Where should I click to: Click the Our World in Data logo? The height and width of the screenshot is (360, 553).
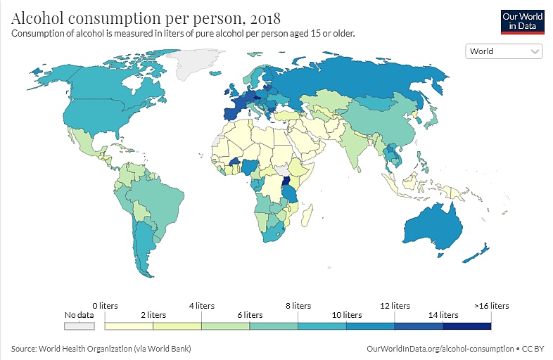click(x=522, y=20)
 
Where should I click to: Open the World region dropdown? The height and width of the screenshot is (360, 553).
click(x=504, y=51)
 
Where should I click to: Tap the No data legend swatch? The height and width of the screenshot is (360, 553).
click(x=79, y=326)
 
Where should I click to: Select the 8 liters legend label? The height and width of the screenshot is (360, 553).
click(x=299, y=306)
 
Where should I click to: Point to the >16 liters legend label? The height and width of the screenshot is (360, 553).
click(x=490, y=306)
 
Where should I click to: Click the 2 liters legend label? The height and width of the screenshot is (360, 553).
click(x=153, y=315)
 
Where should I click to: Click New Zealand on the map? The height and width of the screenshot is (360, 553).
click(x=478, y=252)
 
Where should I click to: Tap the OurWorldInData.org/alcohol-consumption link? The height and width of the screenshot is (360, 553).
click(x=440, y=349)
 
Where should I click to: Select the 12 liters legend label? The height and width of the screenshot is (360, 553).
click(x=395, y=306)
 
